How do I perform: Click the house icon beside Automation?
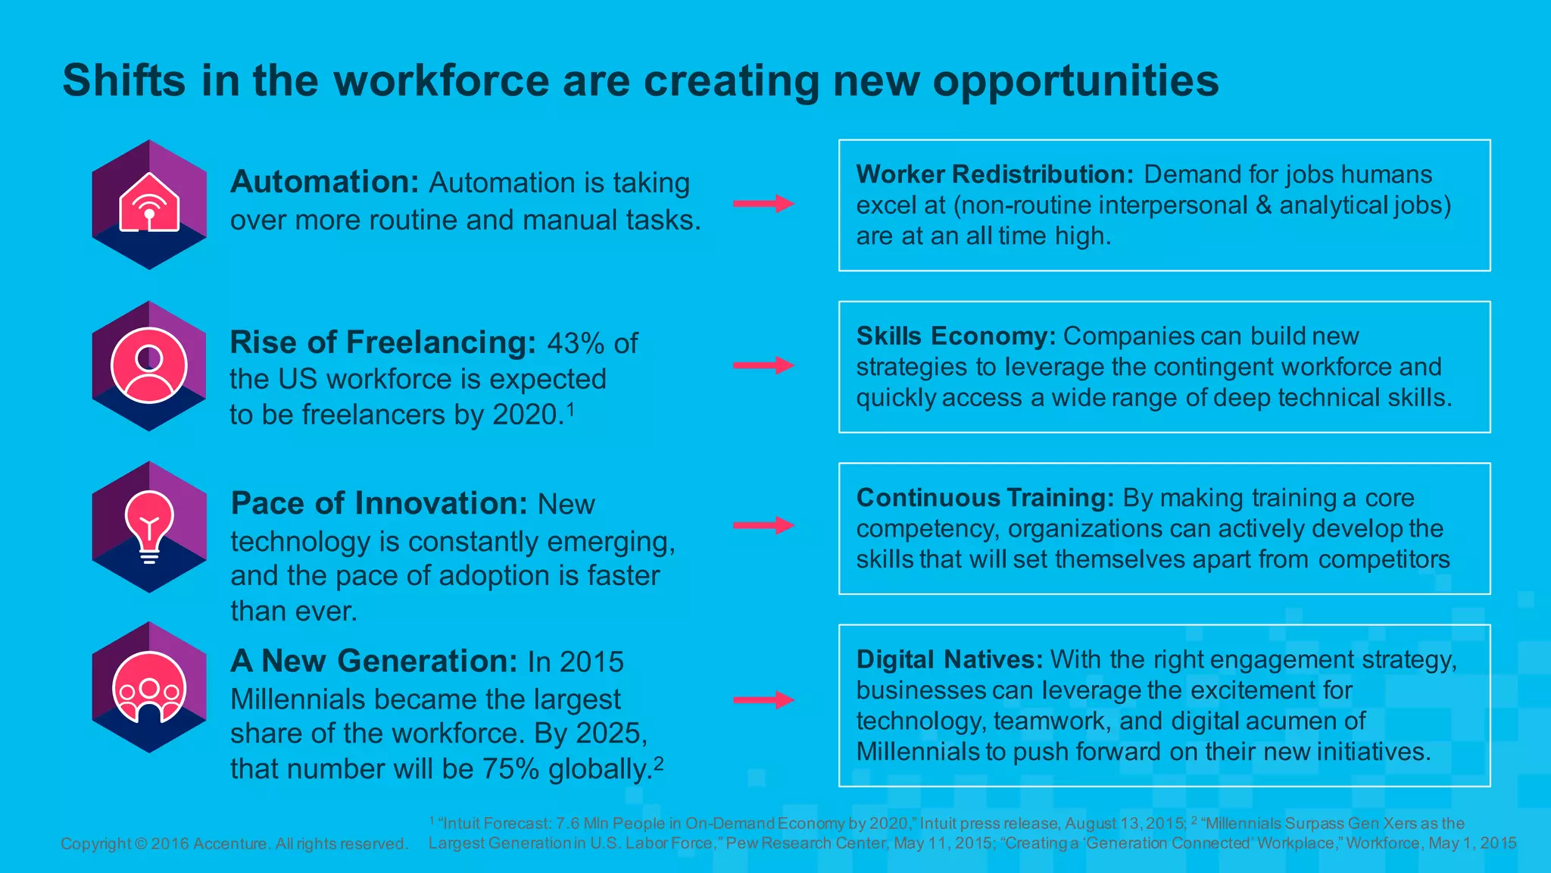[149, 203]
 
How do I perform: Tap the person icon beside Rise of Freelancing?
[149, 365]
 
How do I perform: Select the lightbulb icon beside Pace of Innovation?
[149, 526]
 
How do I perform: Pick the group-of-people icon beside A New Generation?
[149, 688]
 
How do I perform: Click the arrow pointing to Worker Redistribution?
[763, 203]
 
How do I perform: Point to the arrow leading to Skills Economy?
[763, 365]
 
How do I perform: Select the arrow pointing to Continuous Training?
[763, 525]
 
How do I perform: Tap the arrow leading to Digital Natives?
[763, 699]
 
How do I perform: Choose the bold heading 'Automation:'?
[324, 182]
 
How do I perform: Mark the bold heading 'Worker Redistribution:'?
[994, 174]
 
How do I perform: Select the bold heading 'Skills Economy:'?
[956, 336]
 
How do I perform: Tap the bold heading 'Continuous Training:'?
[985, 498]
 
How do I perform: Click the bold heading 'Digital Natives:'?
[950, 659]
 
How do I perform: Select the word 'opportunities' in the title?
[1075, 80]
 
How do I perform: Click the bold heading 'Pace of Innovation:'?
[379, 503]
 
